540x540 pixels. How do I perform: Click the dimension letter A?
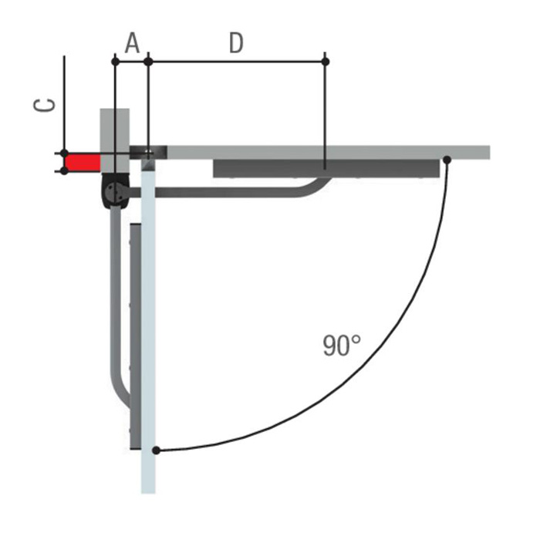tap(132, 43)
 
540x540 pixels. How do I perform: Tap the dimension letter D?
tap(236, 43)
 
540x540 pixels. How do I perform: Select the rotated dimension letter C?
tap(44, 105)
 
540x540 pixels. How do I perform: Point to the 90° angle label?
tap(342, 346)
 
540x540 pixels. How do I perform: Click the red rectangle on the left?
tap(83, 162)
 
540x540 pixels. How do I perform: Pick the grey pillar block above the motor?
tap(115, 140)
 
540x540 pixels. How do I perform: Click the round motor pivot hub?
tap(114, 191)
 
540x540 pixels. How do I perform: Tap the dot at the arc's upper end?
tap(447, 160)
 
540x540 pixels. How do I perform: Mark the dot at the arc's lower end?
tap(156, 450)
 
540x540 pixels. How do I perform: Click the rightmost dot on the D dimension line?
tap(325, 62)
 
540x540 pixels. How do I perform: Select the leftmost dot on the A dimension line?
tap(116, 62)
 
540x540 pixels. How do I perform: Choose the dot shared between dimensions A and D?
tap(148, 62)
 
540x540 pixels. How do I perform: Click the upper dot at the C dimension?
tap(64, 154)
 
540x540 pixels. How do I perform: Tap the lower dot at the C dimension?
tap(64, 170)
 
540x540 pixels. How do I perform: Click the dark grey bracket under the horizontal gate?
tap(326, 169)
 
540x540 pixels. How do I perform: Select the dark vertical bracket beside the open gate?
tap(135, 336)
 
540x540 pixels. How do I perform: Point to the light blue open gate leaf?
tap(148, 326)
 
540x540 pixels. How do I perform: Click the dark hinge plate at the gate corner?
tap(148, 153)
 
